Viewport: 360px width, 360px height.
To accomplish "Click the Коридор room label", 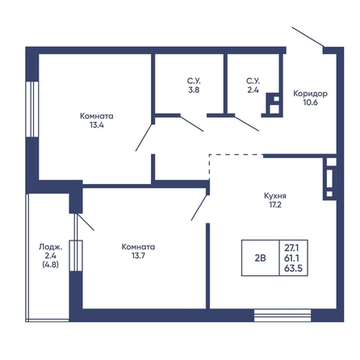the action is point(310,94).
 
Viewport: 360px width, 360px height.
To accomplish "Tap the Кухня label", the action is point(275,196).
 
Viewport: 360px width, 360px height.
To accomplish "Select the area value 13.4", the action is point(97,125).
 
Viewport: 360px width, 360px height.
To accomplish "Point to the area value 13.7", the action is point(138,256).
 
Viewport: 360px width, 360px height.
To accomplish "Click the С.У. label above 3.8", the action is point(194,81).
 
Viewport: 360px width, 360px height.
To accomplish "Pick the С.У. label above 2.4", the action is point(253,81).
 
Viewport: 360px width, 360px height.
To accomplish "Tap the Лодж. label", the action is point(51,247).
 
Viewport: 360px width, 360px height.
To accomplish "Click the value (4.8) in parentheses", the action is point(51,265).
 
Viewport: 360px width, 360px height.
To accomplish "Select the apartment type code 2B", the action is point(260,258).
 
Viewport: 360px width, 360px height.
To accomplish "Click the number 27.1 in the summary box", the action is point(293,247).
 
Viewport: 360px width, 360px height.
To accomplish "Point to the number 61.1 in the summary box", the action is point(293,257).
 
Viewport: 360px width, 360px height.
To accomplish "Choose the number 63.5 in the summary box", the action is point(293,268).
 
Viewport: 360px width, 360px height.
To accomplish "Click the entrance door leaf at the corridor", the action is point(308,36).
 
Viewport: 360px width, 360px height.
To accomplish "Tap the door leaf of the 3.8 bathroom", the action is point(192,123).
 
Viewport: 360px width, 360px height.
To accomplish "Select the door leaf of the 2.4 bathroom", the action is point(247,123).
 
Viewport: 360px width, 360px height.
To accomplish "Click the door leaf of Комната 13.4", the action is point(144,137).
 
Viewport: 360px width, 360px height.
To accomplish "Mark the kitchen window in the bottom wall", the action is point(283,316).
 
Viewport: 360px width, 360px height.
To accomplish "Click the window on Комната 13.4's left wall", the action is point(32,109).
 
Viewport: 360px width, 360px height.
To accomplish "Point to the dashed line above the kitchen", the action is point(236,155).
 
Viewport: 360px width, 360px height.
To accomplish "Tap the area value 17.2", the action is point(275,205).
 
